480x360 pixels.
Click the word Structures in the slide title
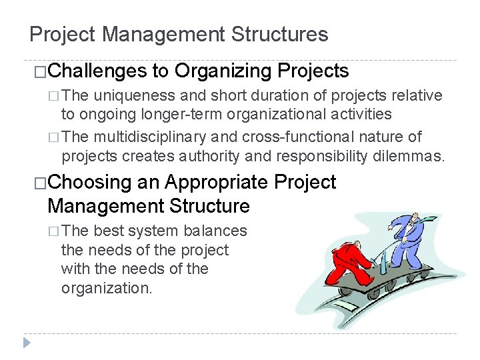click(284, 35)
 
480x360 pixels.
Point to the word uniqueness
click(134, 96)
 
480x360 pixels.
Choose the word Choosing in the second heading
click(90, 182)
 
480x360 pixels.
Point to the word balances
click(213, 231)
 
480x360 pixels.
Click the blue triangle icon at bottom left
click(27, 343)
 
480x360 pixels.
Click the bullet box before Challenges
click(39, 71)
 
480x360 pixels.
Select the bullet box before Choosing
click(39, 183)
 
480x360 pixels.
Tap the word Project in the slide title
click(63, 35)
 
